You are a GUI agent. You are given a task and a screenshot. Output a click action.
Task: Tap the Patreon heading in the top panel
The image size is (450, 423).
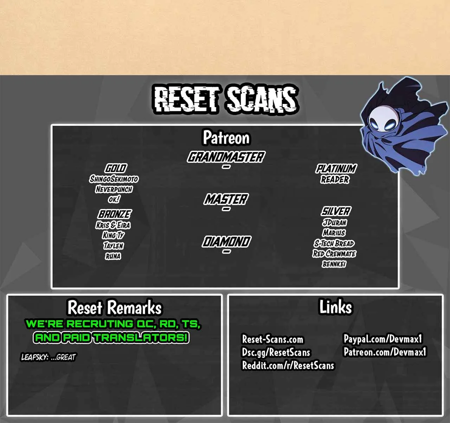[x=226, y=138]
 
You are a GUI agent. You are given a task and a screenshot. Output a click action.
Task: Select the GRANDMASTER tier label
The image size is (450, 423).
[x=226, y=157]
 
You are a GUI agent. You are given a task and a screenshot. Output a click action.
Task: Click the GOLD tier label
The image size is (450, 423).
[x=116, y=168]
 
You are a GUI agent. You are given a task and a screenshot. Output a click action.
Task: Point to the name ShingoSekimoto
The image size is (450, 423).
[x=114, y=179]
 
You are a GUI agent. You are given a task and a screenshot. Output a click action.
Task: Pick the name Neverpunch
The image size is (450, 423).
[x=114, y=189]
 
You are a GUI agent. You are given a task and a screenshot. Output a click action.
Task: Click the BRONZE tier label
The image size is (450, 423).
[x=115, y=214]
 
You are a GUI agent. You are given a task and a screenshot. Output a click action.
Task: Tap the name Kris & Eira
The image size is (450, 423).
[x=113, y=225]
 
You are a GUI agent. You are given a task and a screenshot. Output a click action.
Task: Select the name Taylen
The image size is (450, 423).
[x=113, y=246]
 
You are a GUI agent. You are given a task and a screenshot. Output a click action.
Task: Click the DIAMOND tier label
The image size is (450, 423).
[x=226, y=242]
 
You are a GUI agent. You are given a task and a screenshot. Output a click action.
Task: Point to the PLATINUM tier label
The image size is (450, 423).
[x=336, y=168]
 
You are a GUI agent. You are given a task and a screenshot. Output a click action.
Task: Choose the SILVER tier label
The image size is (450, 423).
[x=336, y=211]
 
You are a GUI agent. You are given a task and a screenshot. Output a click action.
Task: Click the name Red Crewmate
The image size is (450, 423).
[x=334, y=253]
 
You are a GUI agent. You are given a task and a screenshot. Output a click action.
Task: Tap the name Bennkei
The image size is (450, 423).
[x=334, y=264]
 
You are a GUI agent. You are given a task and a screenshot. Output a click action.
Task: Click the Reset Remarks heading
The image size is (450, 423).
[x=114, y=308]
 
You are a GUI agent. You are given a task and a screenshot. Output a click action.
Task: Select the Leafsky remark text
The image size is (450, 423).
[x=48, y=357]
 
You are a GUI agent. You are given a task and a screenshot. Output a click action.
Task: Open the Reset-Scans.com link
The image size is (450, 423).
[x=272, y=339]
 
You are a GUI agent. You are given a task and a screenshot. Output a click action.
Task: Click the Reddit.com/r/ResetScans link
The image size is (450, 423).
[x=288, y=365]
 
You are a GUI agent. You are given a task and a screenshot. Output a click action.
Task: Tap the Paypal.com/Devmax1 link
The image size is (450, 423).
[x=383, y=339]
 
